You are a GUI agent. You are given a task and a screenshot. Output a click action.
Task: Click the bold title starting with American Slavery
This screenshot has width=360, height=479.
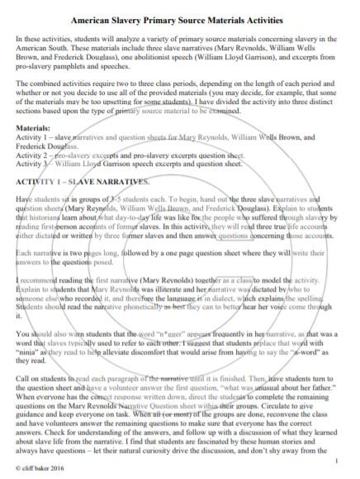180,17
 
